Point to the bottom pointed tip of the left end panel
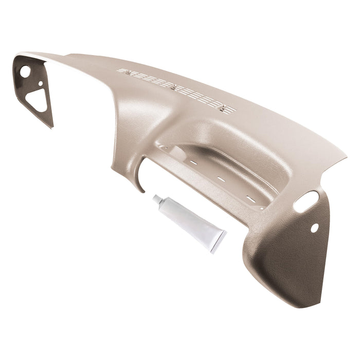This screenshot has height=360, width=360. tap(52, 127)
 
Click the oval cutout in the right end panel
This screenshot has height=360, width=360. tap(311, 197)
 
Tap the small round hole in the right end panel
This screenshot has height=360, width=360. tap(315, 227)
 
